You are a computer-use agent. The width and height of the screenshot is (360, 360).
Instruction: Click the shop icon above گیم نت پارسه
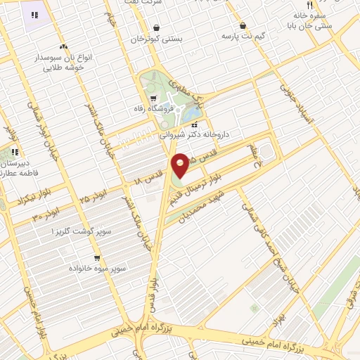click(243, 25)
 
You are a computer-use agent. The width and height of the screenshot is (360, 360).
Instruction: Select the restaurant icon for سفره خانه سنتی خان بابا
click(300, 5)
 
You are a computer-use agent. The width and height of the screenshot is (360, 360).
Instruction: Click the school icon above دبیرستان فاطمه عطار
click(15, 150)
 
